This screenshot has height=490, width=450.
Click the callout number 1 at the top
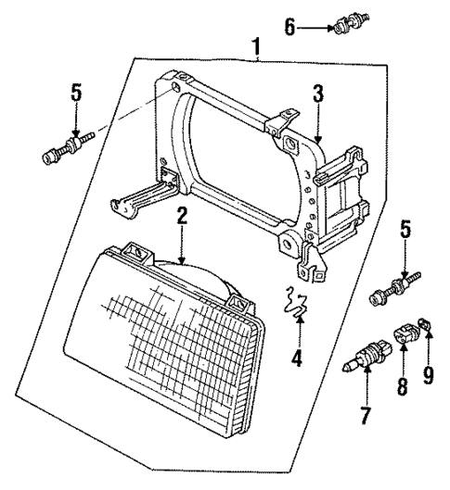255,44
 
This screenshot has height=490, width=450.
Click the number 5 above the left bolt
75,94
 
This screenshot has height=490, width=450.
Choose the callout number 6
290,26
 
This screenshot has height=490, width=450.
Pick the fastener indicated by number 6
352,24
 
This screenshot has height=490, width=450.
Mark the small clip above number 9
425,324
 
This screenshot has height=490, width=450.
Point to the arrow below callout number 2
182,245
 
